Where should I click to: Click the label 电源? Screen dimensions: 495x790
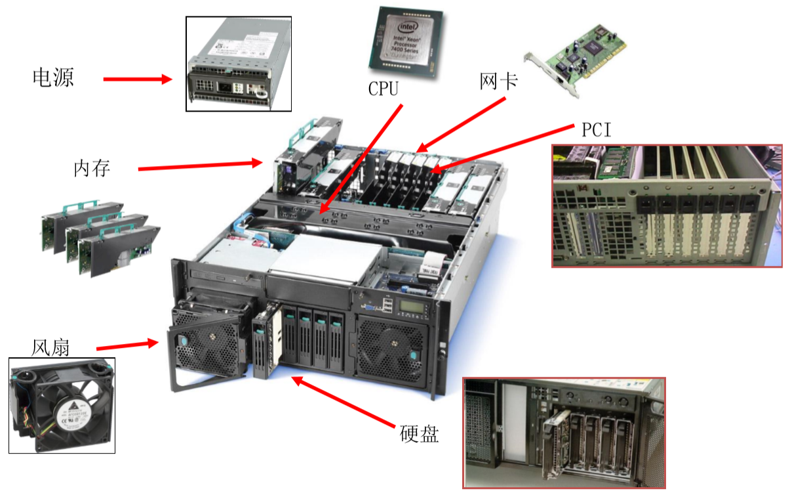pos(53,78)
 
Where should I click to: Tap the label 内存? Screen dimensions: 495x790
pos(92,169)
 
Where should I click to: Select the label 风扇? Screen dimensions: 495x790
pos(50,347)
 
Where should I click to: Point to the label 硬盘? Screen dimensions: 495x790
pos(419,434)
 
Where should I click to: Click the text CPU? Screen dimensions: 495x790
pos(384,89)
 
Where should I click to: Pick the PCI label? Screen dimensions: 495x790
pos(596,130)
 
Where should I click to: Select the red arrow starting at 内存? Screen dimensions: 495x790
pos(200,166)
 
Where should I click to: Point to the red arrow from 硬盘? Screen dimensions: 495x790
pos(345,400)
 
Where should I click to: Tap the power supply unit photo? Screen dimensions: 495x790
pos(239,64)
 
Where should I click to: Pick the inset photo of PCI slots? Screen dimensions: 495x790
pos(667,205)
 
